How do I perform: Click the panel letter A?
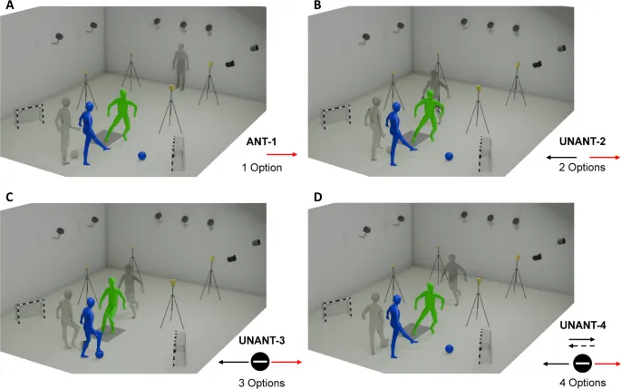click(x=8, y=6)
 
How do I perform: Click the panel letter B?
click(x=315, y=6)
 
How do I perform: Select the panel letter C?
click(x=8, y=198)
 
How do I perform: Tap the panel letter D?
click(x=315, y=198)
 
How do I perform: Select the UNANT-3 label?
click(x=262, y=340)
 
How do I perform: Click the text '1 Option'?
click(x=263, y=169)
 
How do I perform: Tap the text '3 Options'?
click(x=263, y=384)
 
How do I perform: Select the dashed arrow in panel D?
click(x=580, y=347)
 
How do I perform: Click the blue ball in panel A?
click(x=142, y=156)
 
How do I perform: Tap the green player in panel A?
click(x=121, y=115)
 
